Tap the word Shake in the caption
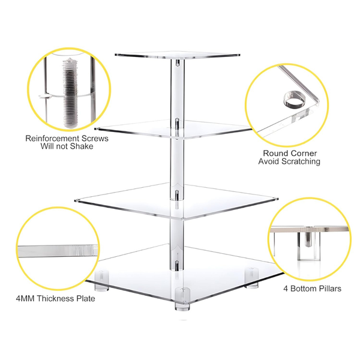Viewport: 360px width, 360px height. pos(82,146)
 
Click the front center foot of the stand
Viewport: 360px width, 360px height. pos(179,298)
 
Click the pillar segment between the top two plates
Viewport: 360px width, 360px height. pos(176,90)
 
